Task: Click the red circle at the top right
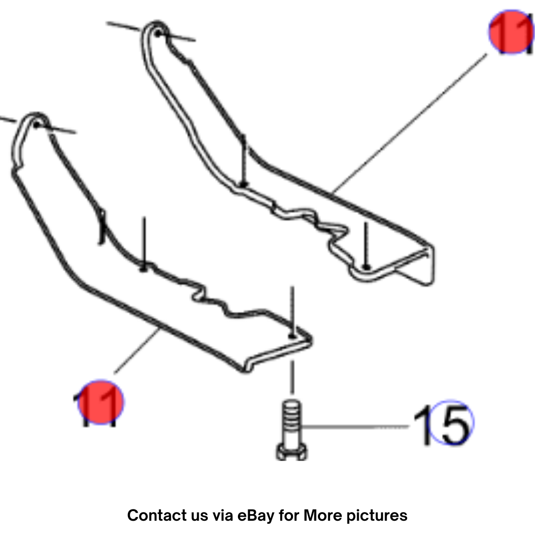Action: click(511, 32)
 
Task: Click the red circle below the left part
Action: click(101, 402)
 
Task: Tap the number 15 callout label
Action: click(443, 425)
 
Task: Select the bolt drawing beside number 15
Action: click(291, 430)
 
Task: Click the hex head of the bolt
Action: click(291, 452)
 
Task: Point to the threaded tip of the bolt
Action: click(292, 415)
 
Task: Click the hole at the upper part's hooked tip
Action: click(157, 34)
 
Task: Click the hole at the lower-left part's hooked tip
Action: click(37, 125)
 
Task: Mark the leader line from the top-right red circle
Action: click(410, 123)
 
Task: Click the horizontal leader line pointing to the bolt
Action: click(355, 426)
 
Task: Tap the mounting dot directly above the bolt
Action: click(292, 336)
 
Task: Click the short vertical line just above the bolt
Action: click(292, 378)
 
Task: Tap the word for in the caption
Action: click(289, 515)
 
